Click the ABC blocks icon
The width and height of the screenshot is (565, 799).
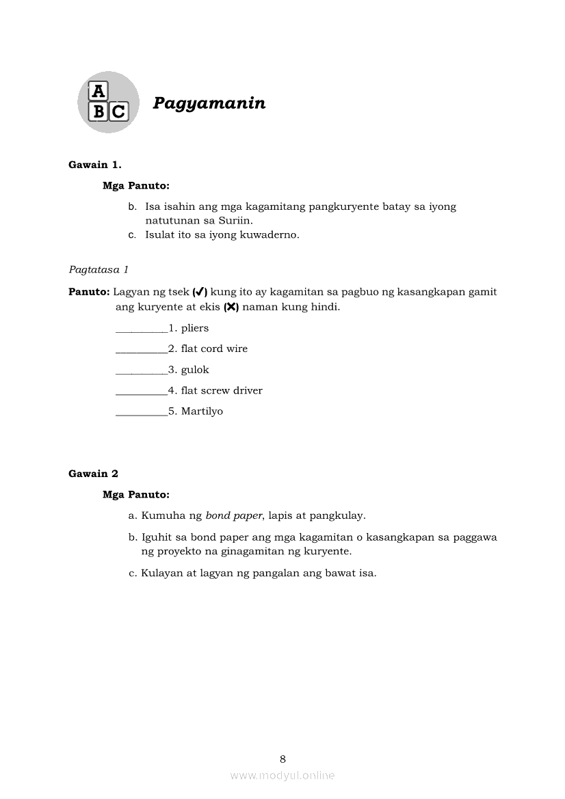108,103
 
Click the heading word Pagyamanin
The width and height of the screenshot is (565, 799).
209,103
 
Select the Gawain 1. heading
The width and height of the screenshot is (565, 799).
95,164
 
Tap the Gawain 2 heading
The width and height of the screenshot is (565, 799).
93,474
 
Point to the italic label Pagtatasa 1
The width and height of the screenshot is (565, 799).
98,269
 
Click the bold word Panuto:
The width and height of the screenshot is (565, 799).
89,292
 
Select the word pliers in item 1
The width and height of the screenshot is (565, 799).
195,329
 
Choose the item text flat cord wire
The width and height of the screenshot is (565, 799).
214,349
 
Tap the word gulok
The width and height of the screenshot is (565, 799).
195,370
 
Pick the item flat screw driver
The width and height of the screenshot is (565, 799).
222,390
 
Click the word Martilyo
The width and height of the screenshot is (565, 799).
202,411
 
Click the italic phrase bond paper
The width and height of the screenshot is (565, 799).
234,516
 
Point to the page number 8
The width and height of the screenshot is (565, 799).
282,759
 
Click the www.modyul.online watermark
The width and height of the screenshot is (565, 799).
282,775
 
